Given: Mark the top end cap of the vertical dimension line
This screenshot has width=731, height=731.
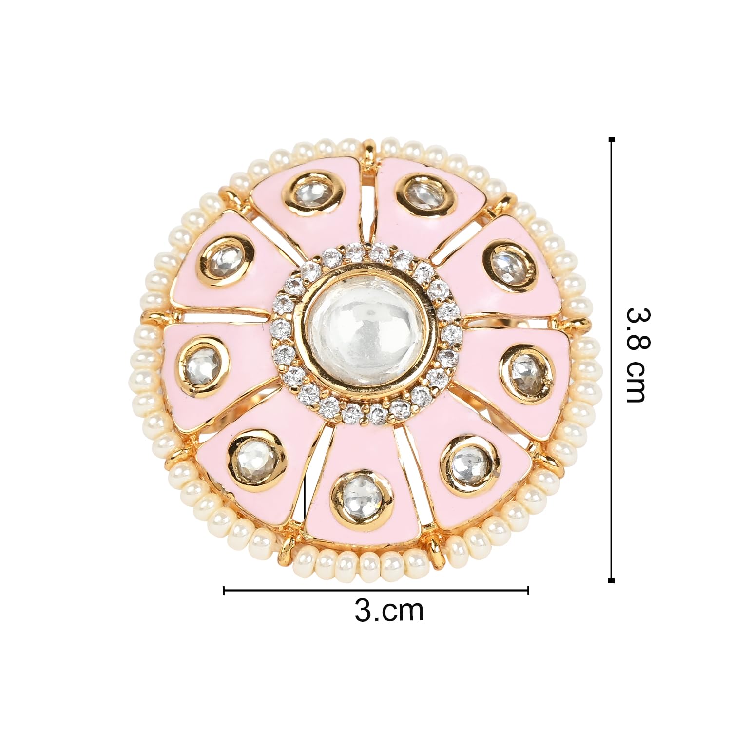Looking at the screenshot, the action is coord(612,140).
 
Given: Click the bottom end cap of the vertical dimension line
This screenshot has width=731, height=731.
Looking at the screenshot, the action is coord(612,580).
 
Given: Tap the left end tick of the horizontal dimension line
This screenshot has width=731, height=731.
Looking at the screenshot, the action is coord(224,590).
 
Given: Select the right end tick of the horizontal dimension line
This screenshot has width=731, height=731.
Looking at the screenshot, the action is coord(528,590).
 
